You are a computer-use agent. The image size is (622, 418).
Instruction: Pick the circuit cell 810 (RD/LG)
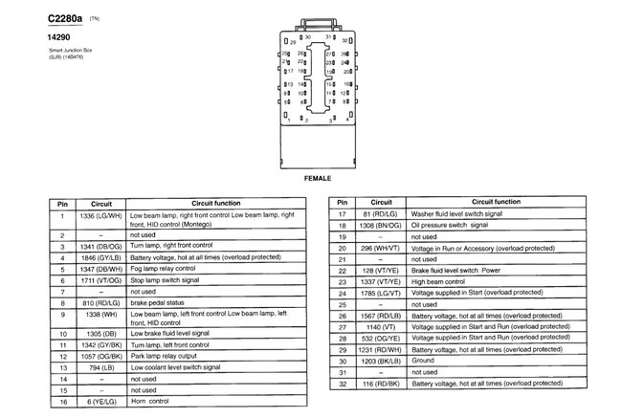point(100,301)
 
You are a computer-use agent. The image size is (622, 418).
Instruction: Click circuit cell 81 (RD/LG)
point(382,214)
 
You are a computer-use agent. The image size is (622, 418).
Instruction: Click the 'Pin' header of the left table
point(61,204)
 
